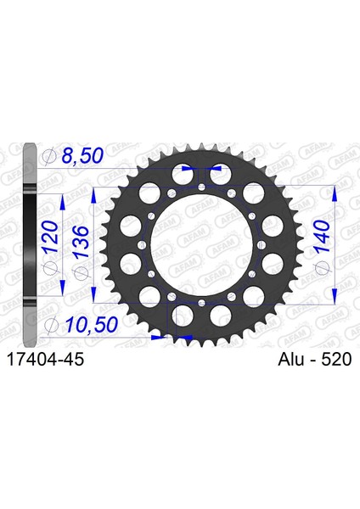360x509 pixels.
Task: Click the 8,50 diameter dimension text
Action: [x=82, y=155]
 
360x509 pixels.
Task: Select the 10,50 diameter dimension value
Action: [x=92, y=325]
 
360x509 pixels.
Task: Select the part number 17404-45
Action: [x=46, y=360]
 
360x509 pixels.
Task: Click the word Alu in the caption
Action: [x=292, y=360]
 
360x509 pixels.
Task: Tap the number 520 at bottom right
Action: [x=336, y=360]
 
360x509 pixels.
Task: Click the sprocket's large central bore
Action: [x=201, y=244]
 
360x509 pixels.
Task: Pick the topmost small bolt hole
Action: [x=201, y=187]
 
